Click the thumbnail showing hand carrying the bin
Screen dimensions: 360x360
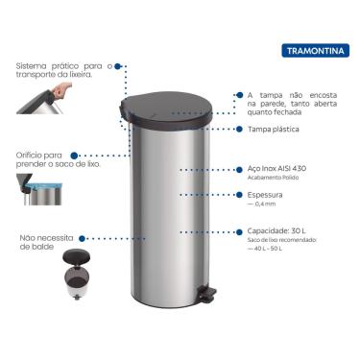click(x=61, y=99)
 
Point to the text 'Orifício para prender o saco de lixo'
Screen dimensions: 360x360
click(x=44, y=159)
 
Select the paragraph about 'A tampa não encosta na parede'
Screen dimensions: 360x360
click(x=287, y=103)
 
